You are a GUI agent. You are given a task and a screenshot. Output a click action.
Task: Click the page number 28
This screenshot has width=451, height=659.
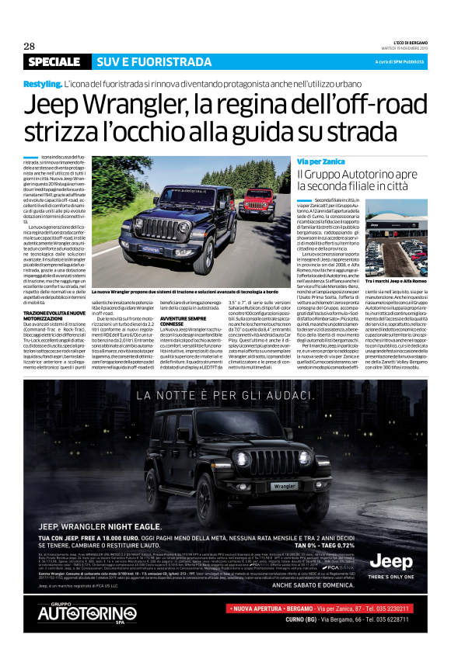tap(30, 46)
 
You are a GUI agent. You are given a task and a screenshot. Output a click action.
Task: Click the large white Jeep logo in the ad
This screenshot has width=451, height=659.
tap(391, 562)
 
